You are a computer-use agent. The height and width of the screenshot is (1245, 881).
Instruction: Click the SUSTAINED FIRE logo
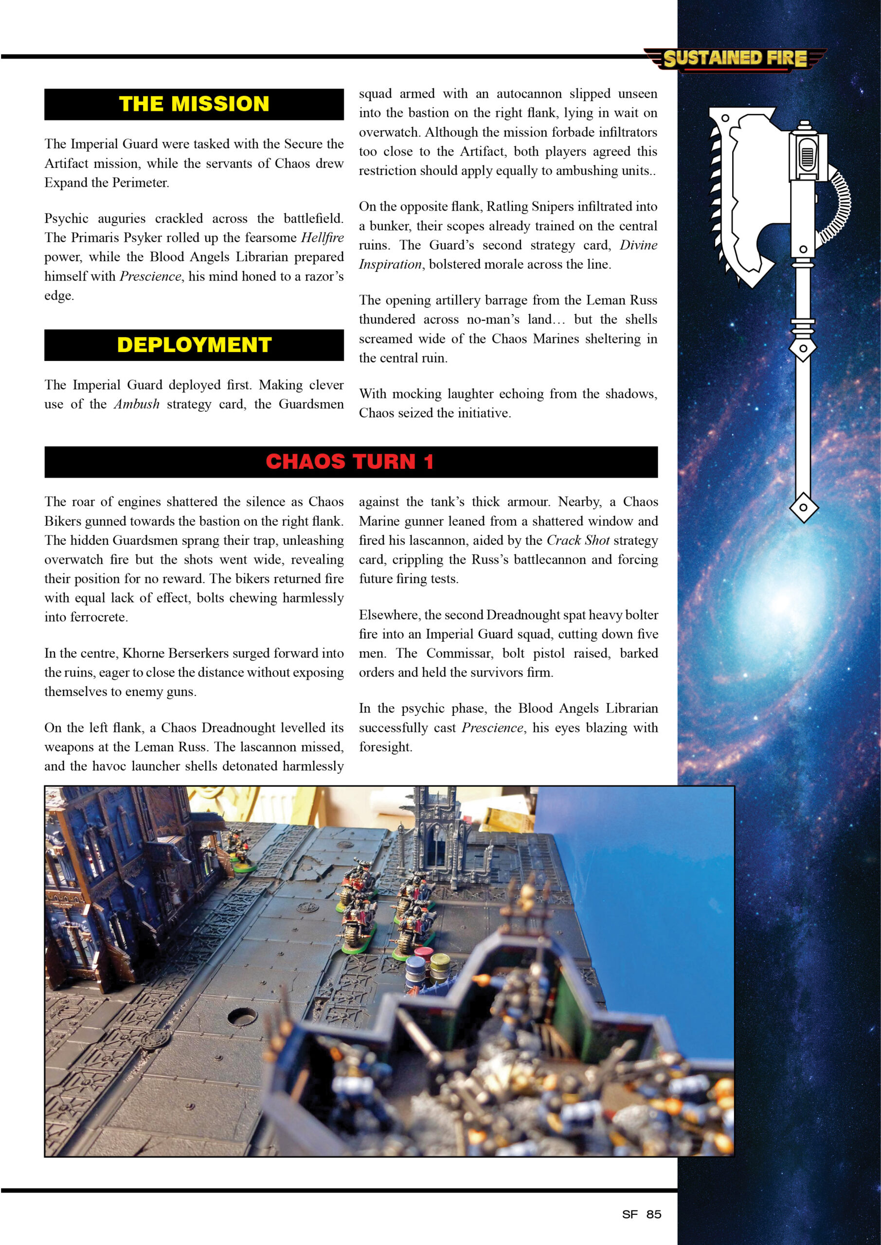click(x=735, y=58)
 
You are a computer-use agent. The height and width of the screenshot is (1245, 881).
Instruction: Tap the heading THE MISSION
click(x=194, y=104)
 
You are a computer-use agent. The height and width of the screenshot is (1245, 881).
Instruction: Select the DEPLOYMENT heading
click(x=194, y=345)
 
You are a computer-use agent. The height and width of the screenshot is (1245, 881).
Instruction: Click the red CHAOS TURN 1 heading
click(x=350, y=462)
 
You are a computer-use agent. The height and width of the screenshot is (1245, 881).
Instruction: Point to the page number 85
click(x=654, y=1214)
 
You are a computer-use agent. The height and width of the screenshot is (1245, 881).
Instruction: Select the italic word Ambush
click(x=137, y=404)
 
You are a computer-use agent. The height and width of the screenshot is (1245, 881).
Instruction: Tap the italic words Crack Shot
click(x=578, y=540)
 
